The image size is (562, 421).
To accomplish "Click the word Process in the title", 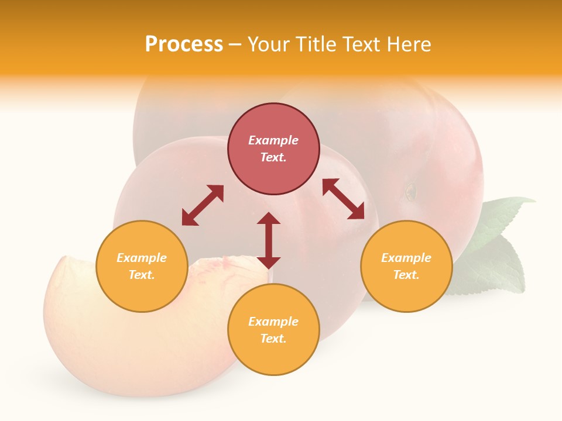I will click(x=184, y=44).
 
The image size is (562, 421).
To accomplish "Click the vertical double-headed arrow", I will click(x=269, y=240).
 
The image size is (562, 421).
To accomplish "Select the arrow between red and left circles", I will click(x=203, y=205).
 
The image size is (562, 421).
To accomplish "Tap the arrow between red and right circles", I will click(x=344, y=199).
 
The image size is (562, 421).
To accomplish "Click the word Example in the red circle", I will click(x=273, y=140).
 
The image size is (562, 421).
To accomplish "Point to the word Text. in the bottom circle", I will click(x=273, y=339).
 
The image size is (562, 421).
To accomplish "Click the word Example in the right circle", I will click(x=406, y=258).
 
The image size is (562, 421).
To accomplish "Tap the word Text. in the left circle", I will click(x=142, y=275).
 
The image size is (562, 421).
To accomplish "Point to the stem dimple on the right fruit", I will click(x=411, y=191).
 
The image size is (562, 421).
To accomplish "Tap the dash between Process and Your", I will click(x=235, y=44).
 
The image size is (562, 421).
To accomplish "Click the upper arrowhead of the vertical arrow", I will click(x=269, y=219).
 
